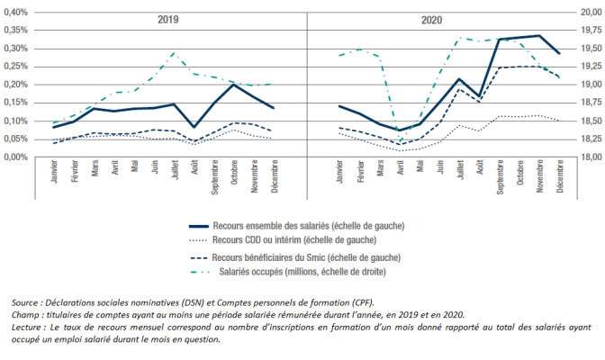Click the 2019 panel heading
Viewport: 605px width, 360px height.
(x=167, y=20)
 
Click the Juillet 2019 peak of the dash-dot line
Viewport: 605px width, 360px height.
(x=174, y=53)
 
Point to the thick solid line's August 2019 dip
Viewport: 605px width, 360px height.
(x=194, y=127)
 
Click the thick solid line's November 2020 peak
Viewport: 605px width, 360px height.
(x=538, y=36)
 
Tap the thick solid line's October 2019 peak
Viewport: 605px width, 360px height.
(x=234, y=85)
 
